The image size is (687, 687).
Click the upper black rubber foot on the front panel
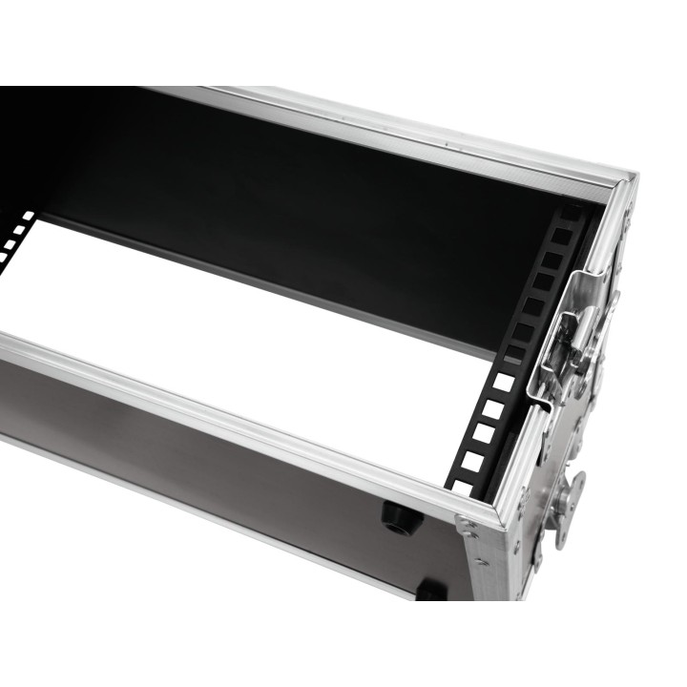click(x=402, y=516)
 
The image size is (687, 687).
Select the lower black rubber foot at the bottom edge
click(x=430, y=592)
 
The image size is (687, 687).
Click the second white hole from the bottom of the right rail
click(x=470, y=461)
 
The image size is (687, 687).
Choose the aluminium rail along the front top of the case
click(x=239, y=410)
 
